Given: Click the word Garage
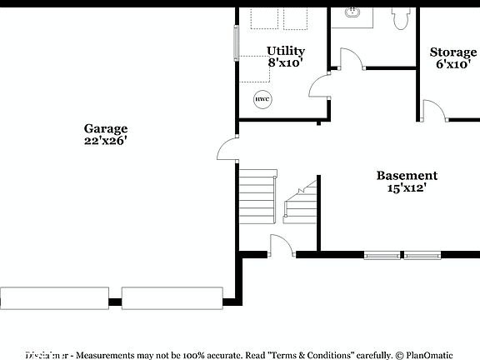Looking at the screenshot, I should tap(105, 128).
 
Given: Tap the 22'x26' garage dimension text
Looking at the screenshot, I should tap(105, 141).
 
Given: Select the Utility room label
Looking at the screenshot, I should tap(285, 51).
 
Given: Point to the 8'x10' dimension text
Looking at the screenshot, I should tap(285, 62).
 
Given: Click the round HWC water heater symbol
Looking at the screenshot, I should tap(262, 98).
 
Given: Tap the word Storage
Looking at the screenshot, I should tap(453, 52).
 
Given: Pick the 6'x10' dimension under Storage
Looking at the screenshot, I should tap(453, 64).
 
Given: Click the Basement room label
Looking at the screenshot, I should tap(407, 175).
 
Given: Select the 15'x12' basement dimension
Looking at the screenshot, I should tap(407, 187).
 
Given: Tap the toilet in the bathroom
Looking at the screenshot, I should tap(400, 16).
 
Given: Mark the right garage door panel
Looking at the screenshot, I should tap(172, 297).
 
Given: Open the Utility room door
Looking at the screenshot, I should tap(320, 86).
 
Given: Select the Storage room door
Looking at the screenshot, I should tap(433, 111).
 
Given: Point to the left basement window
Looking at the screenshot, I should tap(382, 255).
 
